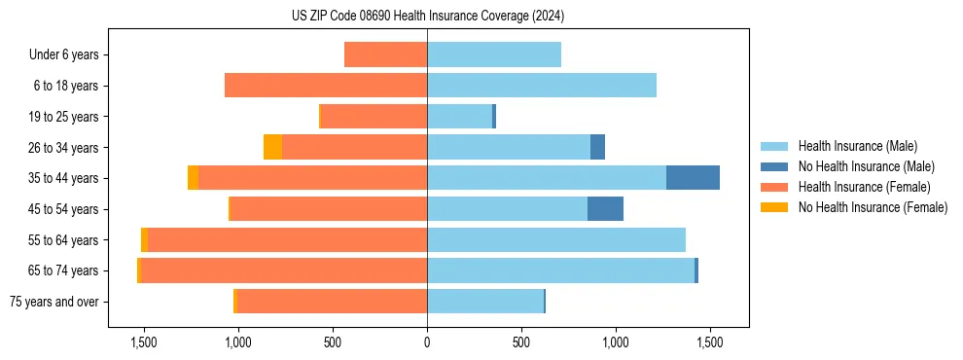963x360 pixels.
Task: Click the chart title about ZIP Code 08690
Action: (427, 17)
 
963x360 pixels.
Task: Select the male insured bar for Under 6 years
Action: (494, 54)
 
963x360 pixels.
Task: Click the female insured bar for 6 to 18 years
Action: (326, 86)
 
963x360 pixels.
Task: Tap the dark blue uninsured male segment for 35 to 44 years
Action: (693, 178)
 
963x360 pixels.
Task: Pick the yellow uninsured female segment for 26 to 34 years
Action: (272, 147)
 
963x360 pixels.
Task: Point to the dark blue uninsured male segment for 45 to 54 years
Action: (605, 209)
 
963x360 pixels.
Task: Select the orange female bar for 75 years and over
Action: (332, 302)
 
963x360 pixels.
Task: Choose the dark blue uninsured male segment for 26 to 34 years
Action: (597, 147)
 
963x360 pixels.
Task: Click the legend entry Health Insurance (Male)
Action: (857, 146)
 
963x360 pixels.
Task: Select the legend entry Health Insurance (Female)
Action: (864, 187)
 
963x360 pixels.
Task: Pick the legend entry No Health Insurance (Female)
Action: (873, 207)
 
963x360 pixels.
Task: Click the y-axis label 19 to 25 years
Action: (64, 117)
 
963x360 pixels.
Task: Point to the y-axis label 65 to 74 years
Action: (64, 270)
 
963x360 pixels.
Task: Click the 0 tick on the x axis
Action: (427, 343)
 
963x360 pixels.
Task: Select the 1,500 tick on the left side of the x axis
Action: (143, 343)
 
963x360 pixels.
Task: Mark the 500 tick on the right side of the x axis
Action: (521, 343)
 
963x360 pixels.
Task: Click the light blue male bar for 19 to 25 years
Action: (459, 117)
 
